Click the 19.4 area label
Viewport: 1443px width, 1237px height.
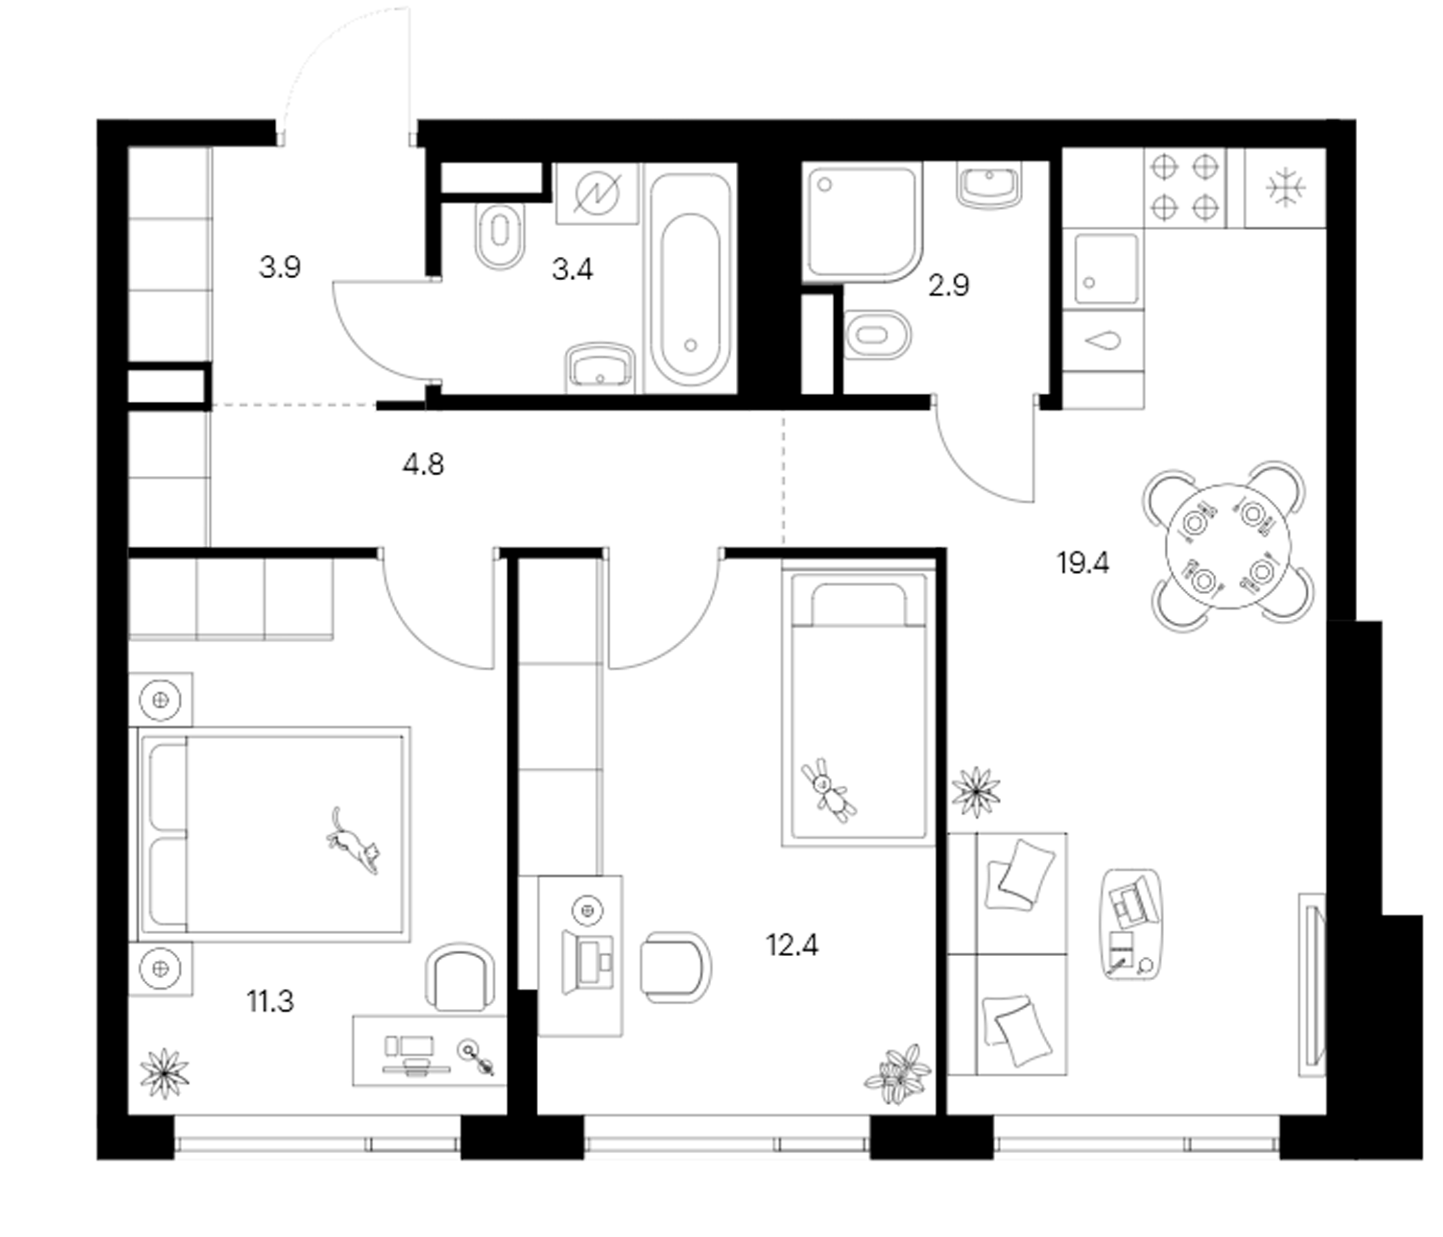tap(1083, 563)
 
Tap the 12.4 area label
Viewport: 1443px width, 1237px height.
tap(792, 945)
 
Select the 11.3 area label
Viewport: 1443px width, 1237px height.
tap(270, 1001)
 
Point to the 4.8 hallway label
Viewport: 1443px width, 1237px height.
tap(423, 464)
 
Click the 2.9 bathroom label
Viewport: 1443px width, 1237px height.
tap(948, 286)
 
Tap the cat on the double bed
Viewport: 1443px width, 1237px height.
tap(355, 841)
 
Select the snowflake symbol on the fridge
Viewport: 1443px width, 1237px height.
tap(1286, 188)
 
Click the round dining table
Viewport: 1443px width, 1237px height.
tap(1228, 547)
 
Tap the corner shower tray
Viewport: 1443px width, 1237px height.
tap(863, 222)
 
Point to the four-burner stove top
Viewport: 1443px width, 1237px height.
tap(1184, 188)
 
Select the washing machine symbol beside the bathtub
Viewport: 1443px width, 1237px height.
tap(598, 194)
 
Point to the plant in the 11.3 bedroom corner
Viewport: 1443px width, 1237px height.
tap(164, 1074)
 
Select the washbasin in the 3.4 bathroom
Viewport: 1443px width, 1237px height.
tap(601, 367)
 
